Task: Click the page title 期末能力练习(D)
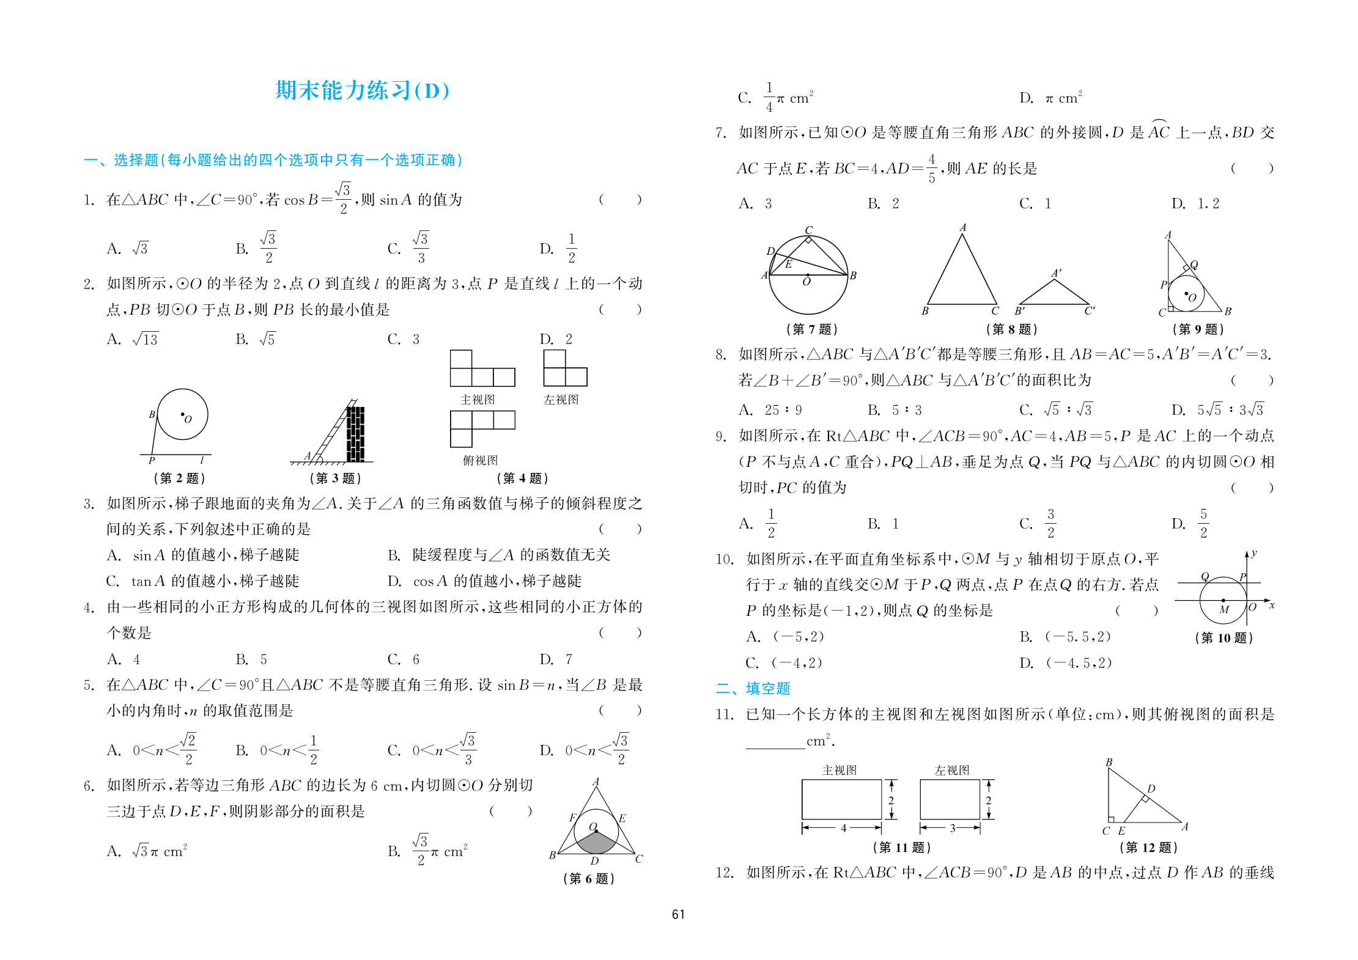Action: click(x=363, y=90)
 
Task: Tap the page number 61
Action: click(x=678, y=914)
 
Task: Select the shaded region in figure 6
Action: click(x=597, y=843)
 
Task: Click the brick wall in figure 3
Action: click(x=355, y=434)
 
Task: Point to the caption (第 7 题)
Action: click(x=811, y=329)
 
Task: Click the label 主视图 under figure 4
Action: click(x=478, y=400)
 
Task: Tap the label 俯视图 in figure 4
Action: click(x=480, y=460)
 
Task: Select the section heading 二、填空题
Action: click(x=753, y=689)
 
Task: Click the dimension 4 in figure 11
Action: click(x=843, y=828)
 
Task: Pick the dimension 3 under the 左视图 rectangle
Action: click(x=952, y=828)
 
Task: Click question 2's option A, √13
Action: click(x=133, y=339)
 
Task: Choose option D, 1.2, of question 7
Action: click(x=1195, y=203)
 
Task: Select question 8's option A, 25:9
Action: click(x=770, y=409)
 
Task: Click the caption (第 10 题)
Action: click(x=1223, y=638)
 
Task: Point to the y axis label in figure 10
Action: click(x=1254, y=554)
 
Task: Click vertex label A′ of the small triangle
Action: click(x=1056, y=273)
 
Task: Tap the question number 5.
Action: click(x=89, y=685)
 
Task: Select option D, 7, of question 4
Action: click(x=556, y=659)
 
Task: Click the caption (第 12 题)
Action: click(x=1148, y=847)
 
